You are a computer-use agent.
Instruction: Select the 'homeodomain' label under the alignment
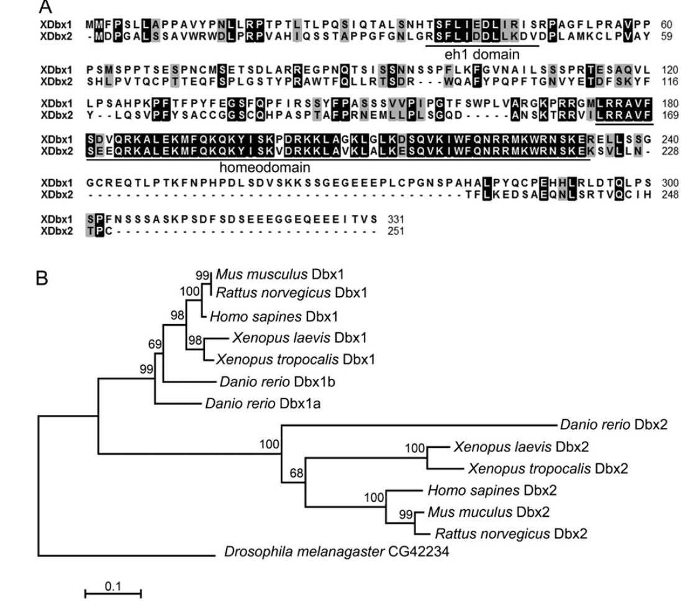pyautogui.click(x=266, y=167)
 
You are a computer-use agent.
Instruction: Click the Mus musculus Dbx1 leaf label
pyautogui.click(x=278, y=275)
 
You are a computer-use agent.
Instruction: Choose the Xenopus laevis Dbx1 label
pyautogui.click(x=300, y=338)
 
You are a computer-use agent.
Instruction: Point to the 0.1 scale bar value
pyautogui.click(x=112, y=585)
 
